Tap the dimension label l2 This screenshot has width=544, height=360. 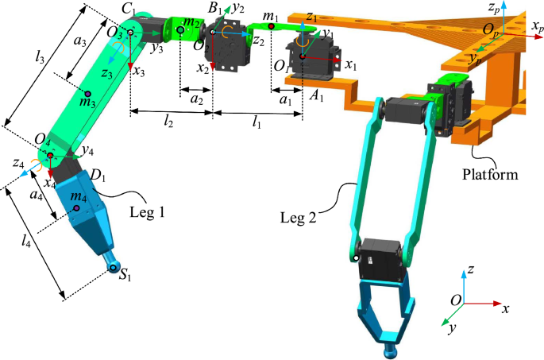[x=169, y=125]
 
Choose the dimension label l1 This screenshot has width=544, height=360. [x=257, y=125]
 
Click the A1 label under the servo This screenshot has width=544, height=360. [x=316, y=96]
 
